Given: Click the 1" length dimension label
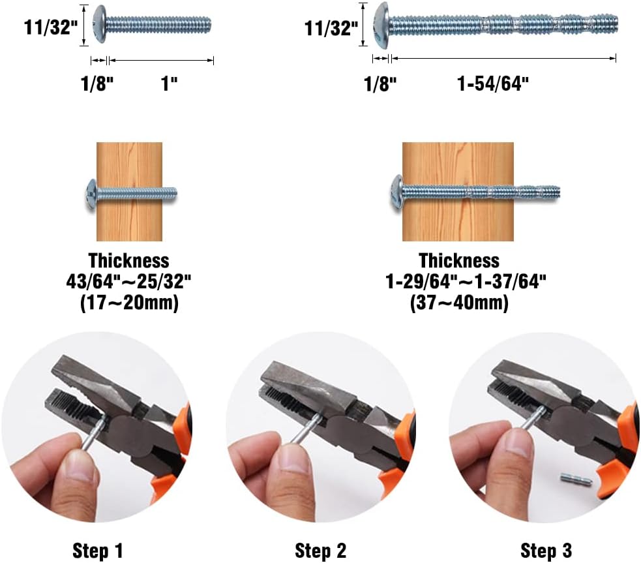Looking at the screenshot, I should click(x=170, y=84).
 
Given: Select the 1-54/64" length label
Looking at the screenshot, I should click(x=494, y=84).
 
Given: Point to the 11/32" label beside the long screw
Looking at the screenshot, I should click(x=331, y=27).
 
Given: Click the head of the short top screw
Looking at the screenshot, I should click(x=100, y=25).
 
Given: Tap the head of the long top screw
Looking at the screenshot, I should click(x=381, y=26).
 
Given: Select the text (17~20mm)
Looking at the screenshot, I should click(x=129, y=303).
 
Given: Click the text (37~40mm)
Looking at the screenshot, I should click(x=459, y=303).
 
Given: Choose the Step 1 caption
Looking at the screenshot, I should click(x=98, y=551).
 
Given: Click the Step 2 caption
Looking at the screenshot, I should click(x=320, y=551).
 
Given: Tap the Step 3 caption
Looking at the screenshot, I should click(x=546, y=551).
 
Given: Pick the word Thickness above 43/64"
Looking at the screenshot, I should click(x=129, y=261).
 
